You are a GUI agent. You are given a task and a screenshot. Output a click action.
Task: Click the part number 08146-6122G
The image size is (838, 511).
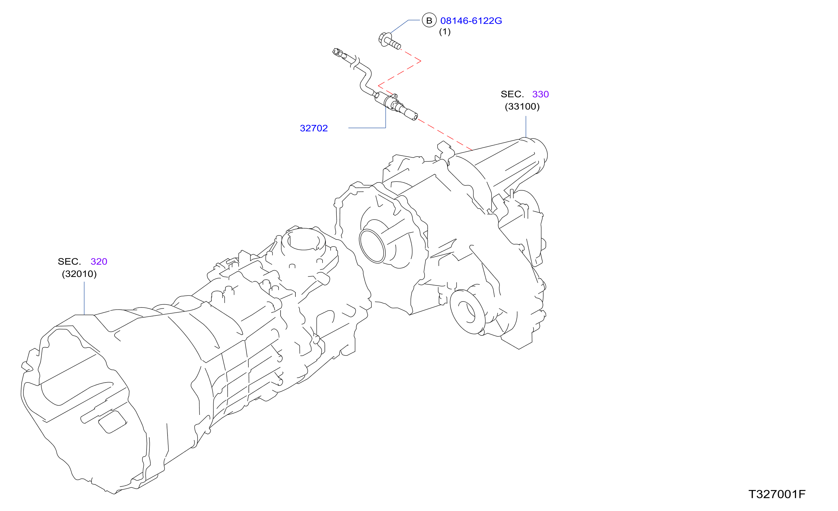click(x=471, y=21)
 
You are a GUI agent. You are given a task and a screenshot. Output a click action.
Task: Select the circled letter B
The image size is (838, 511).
click(x=429, y=21)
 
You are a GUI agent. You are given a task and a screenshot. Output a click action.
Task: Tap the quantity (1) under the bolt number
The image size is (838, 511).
click(x=444, y=32)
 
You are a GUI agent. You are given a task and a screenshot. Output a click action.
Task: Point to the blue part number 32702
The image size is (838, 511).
click(x=314, y=128)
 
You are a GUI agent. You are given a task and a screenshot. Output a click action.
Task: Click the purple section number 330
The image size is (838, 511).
click(x=540, y=94)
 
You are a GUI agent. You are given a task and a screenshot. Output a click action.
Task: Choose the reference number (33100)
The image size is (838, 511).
click(x=522, y=106)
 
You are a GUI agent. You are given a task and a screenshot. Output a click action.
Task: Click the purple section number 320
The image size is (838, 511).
click(x=99, y=262)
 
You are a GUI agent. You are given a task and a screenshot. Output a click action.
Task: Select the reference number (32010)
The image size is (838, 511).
click(x=79, y=274)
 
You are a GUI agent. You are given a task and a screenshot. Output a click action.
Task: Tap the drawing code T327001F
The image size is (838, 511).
click(x=777, y=494)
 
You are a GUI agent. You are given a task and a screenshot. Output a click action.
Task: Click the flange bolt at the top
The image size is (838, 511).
click(x=389, y=41)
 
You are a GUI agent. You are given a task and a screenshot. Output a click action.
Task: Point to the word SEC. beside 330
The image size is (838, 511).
click(x=512, y=94)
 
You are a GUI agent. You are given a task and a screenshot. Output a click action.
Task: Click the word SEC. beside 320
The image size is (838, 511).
click(x=69, y=262)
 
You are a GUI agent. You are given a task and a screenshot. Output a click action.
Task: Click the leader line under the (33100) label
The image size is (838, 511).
click(x=526, y=127)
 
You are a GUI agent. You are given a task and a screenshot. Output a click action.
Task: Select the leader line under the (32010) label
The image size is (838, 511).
click(x=84, y=298)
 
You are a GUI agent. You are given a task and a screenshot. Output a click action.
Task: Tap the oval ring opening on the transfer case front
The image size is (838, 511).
click(x=372, y=246)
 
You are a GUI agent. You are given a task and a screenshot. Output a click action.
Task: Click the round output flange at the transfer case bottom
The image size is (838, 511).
click(x=468, y=312)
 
